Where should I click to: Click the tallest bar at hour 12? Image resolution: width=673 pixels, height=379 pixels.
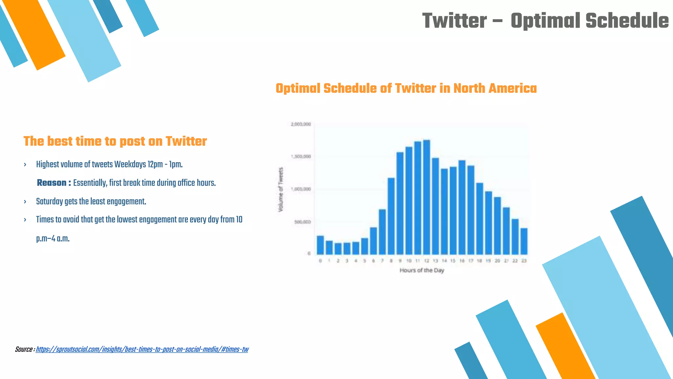click(427, 197)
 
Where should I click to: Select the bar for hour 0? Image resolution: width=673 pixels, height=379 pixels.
click(320, 245)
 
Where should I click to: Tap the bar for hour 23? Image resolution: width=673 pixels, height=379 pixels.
click(524, 241)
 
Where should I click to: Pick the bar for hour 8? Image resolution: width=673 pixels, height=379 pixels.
click(391, 216)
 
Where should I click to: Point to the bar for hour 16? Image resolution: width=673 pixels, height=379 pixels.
click(462, 207)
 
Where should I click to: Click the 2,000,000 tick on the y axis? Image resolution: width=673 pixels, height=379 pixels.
click(301, 124)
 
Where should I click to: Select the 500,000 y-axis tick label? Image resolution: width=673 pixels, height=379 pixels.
click(302, 222)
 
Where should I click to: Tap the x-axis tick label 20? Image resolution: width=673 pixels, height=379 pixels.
click(497, 261)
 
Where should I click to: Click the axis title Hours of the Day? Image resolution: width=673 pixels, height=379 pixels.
click(422, 270)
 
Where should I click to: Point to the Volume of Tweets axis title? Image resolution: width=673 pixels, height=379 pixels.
click(281, 189)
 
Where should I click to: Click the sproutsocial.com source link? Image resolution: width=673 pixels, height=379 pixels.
click(142, 349)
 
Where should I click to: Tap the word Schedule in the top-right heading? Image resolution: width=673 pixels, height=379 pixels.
click(627, 21)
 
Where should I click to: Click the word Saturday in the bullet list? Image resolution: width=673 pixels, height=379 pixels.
click(49, 201)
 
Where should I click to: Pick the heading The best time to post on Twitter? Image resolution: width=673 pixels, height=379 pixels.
click(115, 141)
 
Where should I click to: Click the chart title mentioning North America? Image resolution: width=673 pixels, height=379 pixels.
click(406, 88)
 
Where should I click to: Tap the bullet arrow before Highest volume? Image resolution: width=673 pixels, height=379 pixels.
click(25, 164)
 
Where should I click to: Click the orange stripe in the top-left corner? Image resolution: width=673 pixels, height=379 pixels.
click(35, 35)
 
